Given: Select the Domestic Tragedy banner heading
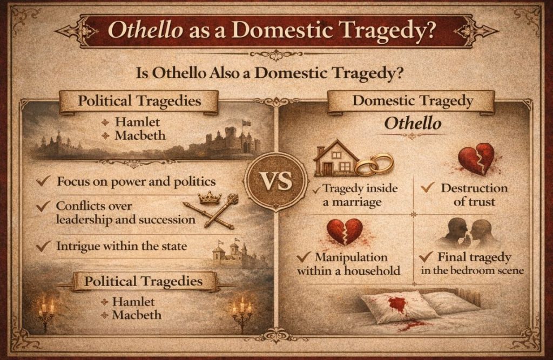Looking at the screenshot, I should click(x=413, y=100).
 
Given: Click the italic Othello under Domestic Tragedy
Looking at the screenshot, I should click(x=412, y=124).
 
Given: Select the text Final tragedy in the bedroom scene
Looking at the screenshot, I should click(x=474, y=263).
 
